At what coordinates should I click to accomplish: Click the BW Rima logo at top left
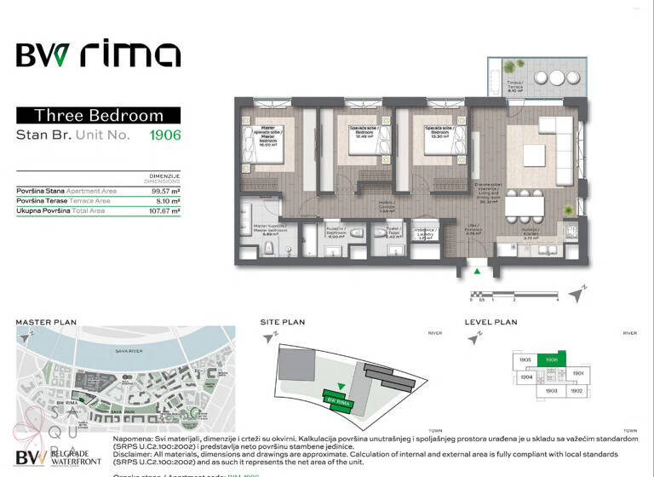click(x=98, y=55)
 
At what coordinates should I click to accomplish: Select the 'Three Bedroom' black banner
click(x=98, y=115)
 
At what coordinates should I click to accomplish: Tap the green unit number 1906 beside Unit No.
click(x=165, y=134)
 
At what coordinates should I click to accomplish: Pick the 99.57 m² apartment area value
click(x=164, y=191)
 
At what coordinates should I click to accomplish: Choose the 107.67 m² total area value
click(x=163, y=210)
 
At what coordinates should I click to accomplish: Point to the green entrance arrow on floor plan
click(x=477, y=272)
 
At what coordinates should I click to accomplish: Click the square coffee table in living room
click(x=534, y=155)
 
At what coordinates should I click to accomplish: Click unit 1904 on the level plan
click(x=525, y=376)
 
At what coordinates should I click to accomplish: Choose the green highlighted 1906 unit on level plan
click(x=551, y=360)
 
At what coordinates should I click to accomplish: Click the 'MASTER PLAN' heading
click(x=46, y=323)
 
